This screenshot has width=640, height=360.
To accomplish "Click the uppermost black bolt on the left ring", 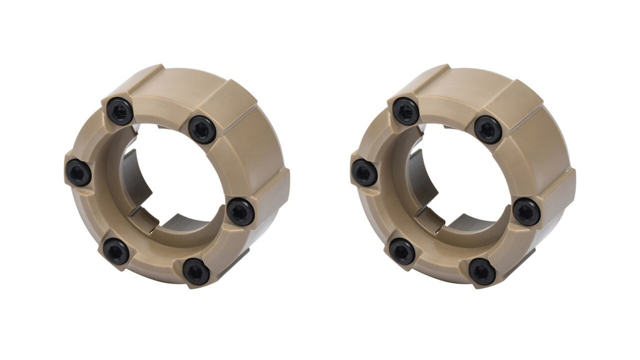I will coord(119,111).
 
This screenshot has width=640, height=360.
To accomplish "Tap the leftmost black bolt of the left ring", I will coord(79,172).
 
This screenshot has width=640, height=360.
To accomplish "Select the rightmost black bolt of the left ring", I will coord(241,212).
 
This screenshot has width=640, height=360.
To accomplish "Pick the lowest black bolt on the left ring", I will coord(196,272).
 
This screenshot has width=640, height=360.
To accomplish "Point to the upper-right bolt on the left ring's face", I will coord(202,129).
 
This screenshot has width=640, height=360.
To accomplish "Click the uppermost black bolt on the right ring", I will coord(406,111).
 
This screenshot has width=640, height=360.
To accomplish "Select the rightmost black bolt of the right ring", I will coord(527,212).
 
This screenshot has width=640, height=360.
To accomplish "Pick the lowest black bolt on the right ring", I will coord(482,272).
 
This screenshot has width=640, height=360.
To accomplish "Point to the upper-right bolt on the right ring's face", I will coord(488,129).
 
